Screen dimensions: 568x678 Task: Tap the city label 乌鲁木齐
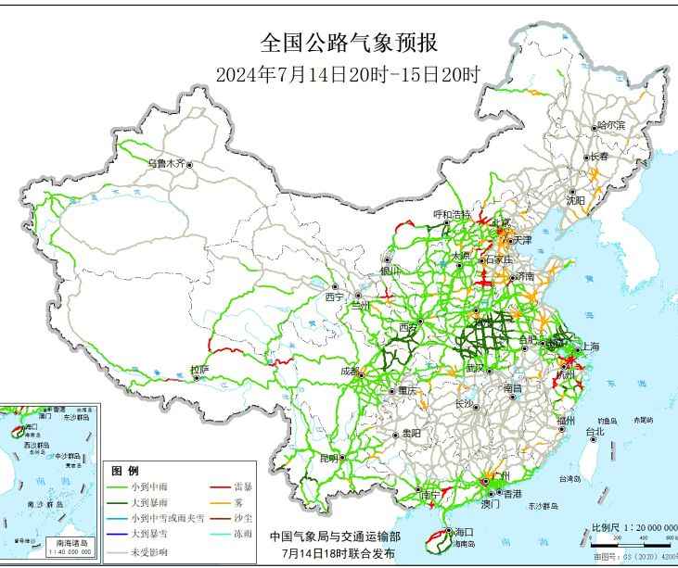pos(167,163)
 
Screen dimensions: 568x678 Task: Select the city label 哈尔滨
pos(611,124)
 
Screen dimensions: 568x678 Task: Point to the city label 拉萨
pos(199,370)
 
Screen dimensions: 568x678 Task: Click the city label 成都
pos(349,371)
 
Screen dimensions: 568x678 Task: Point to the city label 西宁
pos(334,297)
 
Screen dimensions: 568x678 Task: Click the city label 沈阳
pos(575,199)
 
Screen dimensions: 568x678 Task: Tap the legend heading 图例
pos(124,471)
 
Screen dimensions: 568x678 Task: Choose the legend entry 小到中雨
pos(154,486)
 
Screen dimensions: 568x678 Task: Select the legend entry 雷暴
pos(246,486)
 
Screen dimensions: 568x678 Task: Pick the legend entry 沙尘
pos(246,519)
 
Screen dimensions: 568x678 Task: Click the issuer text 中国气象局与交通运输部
pos(335,536)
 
